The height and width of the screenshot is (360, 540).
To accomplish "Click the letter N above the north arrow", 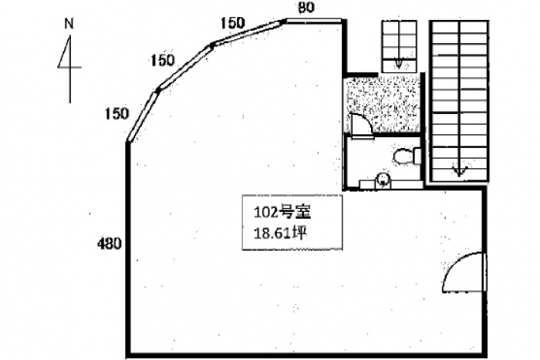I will [69, 22].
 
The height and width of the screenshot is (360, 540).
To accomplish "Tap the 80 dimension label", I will [306, 8].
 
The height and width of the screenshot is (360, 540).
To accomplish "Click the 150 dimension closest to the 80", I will [232, 23].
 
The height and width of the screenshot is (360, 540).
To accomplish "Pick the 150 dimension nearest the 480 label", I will [116, 114].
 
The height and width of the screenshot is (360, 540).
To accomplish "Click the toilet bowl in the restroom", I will [402, 157].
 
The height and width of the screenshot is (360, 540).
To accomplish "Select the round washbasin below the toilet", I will [382, 181].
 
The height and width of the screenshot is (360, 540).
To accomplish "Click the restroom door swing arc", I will [359, 123].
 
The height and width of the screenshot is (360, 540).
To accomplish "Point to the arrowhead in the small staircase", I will [399, 64].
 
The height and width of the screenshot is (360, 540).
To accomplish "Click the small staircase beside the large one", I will [399, 45].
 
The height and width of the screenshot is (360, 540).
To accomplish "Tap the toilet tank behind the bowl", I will [417, 156].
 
